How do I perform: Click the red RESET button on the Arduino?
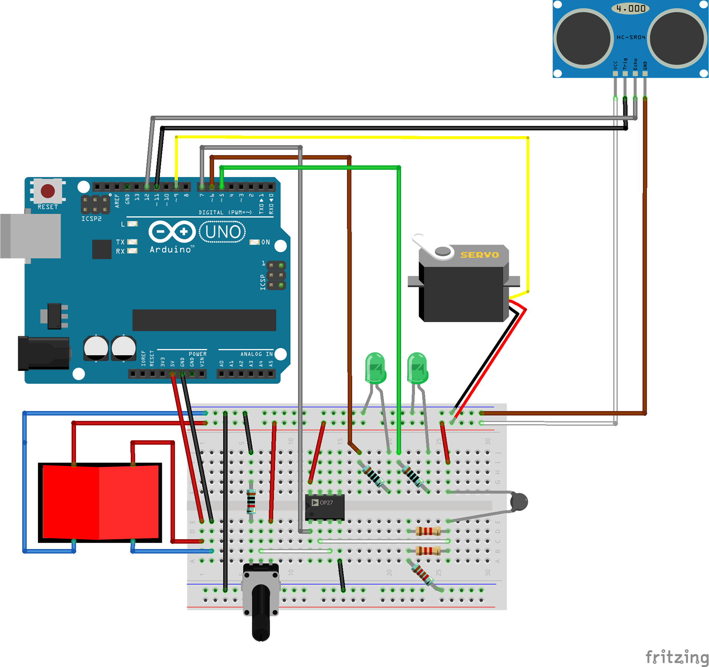48,191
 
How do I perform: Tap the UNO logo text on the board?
223,232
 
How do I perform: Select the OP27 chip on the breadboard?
325,506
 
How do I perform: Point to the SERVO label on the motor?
479,255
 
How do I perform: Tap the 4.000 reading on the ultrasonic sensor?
631,8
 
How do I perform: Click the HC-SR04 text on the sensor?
631,37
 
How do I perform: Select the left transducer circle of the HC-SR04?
583,38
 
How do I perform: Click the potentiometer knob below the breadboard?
261,613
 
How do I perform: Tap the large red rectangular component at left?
100,502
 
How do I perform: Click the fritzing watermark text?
677,657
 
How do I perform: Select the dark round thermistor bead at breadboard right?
519,502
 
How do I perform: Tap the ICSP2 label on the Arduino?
91,219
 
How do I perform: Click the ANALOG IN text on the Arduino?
256,354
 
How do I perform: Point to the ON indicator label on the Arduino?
266,242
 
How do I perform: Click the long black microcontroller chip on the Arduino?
204,320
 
